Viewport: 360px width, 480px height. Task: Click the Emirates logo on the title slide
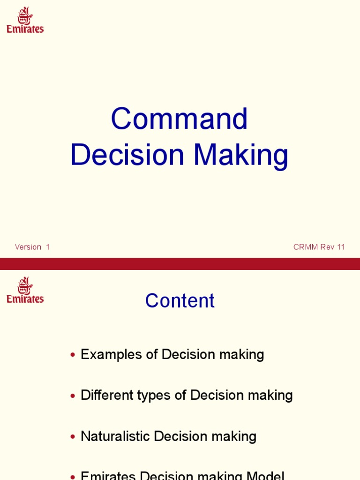tap(25, 20)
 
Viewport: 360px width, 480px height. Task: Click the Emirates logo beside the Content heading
tap(25, 290)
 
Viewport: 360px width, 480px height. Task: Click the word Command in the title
tap(179, 119)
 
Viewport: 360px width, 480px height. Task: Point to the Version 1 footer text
tap(32, 247)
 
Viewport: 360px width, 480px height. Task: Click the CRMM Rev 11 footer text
tap(319, 247)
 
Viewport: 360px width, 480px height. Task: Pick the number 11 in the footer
tap(340, 247)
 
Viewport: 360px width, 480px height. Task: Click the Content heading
tap(180, 301)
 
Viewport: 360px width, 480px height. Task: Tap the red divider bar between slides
tap(180, 263)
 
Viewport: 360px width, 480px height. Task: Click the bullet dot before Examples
tap(72, 355)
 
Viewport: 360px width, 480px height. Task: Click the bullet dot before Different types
tap(72, 396)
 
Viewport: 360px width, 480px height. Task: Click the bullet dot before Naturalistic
tap(72, 437)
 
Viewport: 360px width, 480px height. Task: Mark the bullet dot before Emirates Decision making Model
tap(72, 477)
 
